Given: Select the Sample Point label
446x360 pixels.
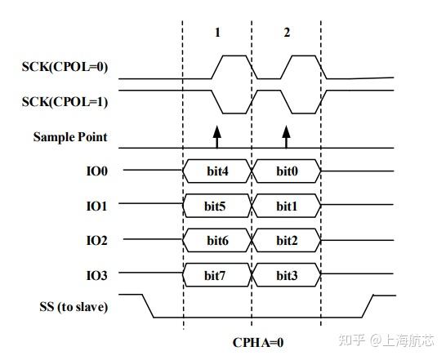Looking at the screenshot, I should tap(70, 137).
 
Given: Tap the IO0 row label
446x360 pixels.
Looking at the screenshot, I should tap(98, 172).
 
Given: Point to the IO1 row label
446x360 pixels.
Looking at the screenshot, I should tap(98, 207).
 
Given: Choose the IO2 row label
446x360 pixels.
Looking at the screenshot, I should tap(98, 241).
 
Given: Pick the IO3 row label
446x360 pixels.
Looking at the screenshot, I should tap(98, 275).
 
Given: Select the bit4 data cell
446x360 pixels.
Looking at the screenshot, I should tap(217, 172).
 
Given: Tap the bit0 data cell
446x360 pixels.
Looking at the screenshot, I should tap(287, 172).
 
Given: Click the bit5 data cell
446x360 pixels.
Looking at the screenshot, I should tap(217, 207).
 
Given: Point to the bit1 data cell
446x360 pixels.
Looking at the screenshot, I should tap(287, 207).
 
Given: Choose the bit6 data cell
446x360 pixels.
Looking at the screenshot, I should tap(217, 241).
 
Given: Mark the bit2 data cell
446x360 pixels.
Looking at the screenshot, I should tap(287, 241).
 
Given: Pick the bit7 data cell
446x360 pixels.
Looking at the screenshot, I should tap(217, 275).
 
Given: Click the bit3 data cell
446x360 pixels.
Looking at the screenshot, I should tap(287, 275).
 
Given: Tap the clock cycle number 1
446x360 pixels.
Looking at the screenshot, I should tap(217, 33).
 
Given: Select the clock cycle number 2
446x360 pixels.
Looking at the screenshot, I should tap(287, 33).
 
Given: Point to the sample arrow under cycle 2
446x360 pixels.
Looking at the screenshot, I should tap(286, 136).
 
